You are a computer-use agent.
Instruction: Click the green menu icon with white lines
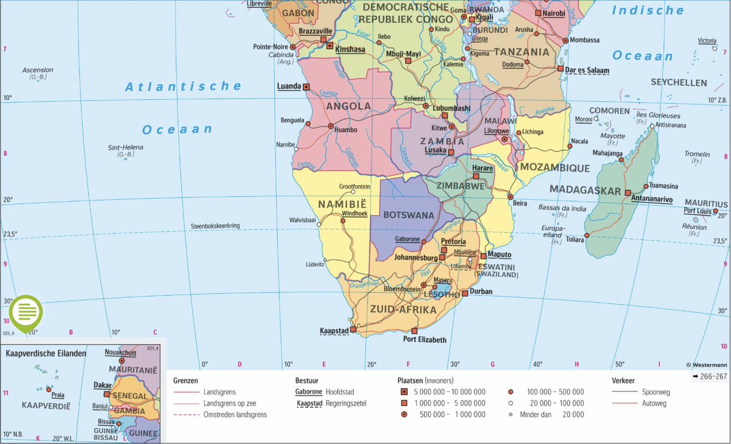coord(26,312)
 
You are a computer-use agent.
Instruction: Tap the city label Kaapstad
coord(334,331)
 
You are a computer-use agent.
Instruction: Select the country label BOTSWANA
coord(409,215)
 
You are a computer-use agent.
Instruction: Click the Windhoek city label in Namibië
coord(355,213)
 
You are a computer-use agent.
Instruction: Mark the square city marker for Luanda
coord(306,87)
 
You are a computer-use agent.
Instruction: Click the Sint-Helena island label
coord(125,147)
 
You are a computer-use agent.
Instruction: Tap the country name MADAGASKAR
coord(585,189)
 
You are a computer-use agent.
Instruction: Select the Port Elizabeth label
coord(425,340)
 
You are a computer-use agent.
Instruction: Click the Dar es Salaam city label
coord(587,71)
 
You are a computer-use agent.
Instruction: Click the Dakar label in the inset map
coord(102,385)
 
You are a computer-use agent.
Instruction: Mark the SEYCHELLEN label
coord(679,82)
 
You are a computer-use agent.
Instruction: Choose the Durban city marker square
coord(465,293)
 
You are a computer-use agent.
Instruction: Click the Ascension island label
coord(38,70)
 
